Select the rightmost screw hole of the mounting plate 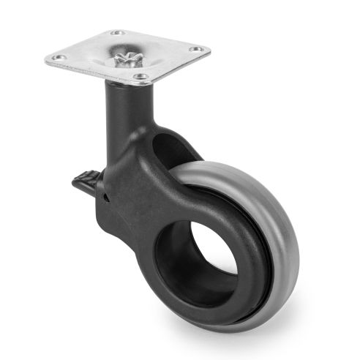point(195,50)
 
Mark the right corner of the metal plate point(210,49)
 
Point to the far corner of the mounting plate point(114,28)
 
